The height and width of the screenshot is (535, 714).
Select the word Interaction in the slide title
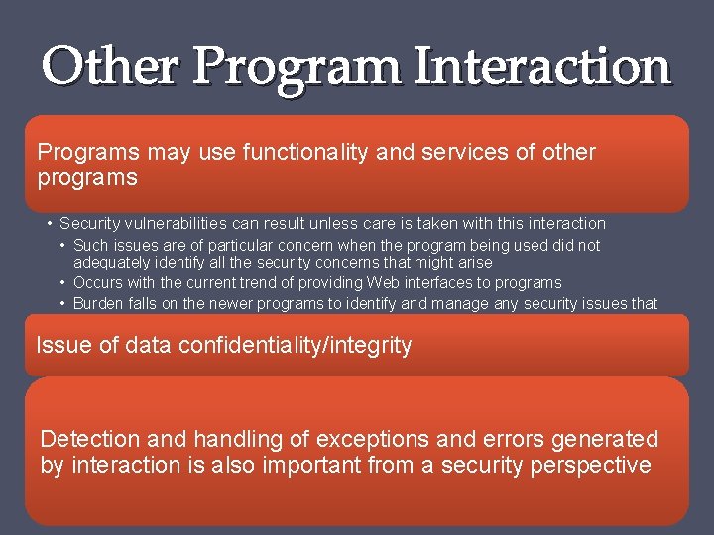[542, 67]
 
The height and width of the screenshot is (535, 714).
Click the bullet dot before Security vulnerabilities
[49, 224]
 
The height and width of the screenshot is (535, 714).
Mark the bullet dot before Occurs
[63, 283]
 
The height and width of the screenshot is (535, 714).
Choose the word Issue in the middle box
[61, 346]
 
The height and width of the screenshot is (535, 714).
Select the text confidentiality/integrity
[295, 346]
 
